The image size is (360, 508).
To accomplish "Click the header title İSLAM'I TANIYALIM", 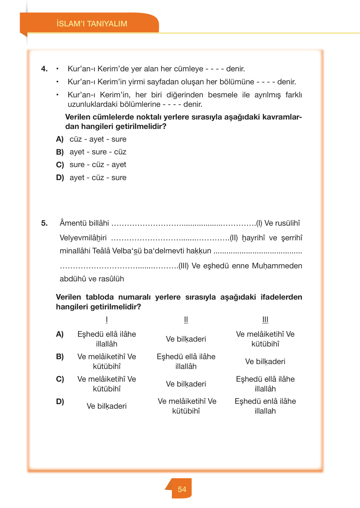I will (92, 24).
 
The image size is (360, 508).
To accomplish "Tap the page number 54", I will (182, 489).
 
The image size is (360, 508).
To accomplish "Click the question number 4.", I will (44, 69).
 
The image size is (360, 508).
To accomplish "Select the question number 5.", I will (44, 223).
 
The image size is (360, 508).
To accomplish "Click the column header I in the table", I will (107, 319).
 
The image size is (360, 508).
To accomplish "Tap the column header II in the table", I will (186, 319).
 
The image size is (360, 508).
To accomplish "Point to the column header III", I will (265, 319).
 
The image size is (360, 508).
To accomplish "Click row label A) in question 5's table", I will (60, 334).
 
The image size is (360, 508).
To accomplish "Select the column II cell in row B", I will (186, 361).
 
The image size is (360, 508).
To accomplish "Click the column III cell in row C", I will (265, 384).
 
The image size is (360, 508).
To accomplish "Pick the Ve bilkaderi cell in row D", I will (106, 406).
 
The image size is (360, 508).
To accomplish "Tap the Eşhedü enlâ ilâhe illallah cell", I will (265, 406).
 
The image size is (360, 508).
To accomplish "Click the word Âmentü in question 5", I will (70, 223).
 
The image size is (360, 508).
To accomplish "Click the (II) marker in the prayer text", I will (234, 238).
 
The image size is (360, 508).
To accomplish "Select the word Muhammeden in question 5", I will (282, 266).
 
